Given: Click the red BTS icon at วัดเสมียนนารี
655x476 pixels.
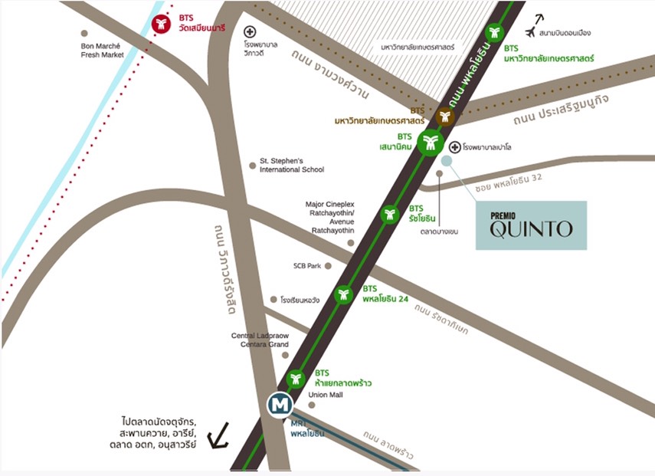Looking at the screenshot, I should [x=161, y=25].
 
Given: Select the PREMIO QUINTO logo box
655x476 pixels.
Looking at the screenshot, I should [x=531, y=225].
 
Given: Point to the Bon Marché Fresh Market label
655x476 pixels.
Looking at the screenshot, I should [x=102, y=51].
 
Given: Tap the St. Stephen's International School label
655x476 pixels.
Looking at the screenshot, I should [x=291, y=165].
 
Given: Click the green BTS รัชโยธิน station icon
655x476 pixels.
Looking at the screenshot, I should [x=391, y=214].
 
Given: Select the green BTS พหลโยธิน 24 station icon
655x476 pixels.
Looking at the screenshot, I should [x=344, y=294].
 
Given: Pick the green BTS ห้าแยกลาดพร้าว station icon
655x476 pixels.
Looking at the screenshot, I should [x=296, y=379].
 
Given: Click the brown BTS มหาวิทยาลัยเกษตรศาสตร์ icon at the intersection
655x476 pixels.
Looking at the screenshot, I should [x=445, y=117].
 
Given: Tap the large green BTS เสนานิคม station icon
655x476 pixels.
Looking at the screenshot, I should [x=431, y=142].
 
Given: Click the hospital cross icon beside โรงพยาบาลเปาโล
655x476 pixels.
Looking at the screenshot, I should [x=454, y=146].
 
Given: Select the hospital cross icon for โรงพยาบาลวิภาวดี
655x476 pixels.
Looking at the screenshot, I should [x=249, y=32].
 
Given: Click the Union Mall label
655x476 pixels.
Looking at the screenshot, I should [x=326, y=395].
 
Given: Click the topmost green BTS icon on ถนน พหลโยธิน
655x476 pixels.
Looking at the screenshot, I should [x=494, y=33].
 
